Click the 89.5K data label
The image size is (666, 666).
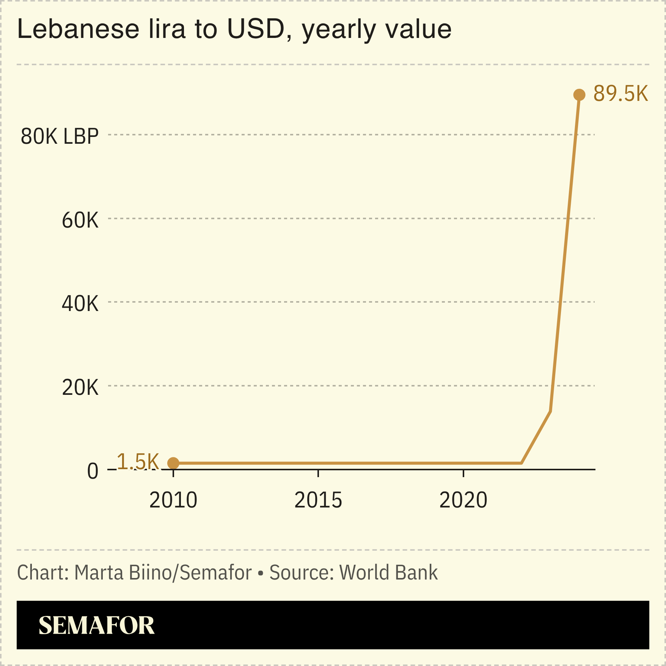[620, 94]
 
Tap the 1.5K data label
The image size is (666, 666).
[138, 462]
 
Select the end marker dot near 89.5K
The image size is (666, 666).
[579, 95]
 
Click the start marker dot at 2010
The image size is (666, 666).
[173, 463]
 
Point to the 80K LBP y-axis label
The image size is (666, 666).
[60, 136]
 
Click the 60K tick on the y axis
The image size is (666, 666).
[80, 220]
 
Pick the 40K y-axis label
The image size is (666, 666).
[80, 304]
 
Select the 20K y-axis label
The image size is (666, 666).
[80, 388]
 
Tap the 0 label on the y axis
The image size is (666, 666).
[93, 471]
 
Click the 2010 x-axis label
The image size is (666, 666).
[173, 500]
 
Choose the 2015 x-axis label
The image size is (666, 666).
[318, 500]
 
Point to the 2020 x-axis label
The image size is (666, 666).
[463, 500]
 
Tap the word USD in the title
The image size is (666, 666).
[256, 29]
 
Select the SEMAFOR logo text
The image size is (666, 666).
[96, 625]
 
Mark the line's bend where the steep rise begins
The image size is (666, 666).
[550, 411]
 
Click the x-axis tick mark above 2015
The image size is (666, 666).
[318, 473]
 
